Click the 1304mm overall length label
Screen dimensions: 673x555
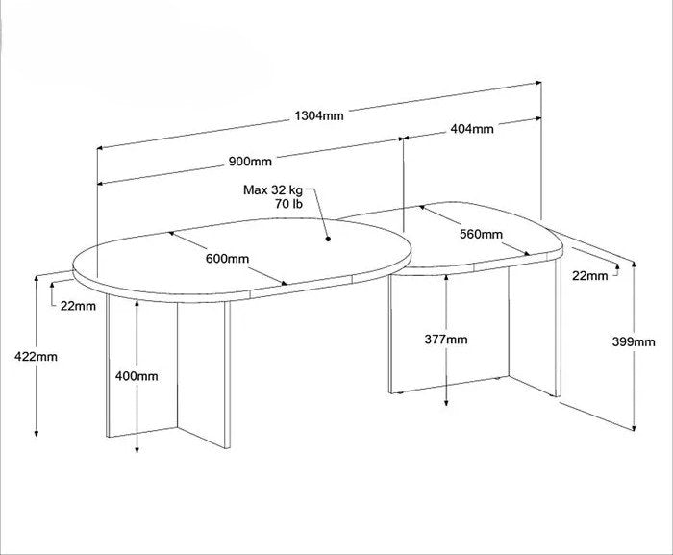pyautogui.click(x=319, y=115)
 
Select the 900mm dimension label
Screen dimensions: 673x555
pyautogui.click(x=250, y=162)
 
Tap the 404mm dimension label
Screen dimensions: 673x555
pyautogui.click(x=472, y=129)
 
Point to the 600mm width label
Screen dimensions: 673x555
pyautogui.click(x=227, y=259)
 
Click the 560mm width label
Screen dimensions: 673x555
pyautogui.click(x=481, y=234)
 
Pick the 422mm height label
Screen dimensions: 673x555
pyautogui.click(x=36, y=357)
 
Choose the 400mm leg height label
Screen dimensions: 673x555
pyautogui.click(x=137, y=376)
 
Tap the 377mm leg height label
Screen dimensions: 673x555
pyautogui.click(x=446, y=340)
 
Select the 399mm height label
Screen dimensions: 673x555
pyautogui.click(x=634, y=341)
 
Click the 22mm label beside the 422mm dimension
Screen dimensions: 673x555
pyautogui.click(x=78, y=306)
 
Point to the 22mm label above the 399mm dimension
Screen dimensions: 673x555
pyautogui.click(x=590, y=276)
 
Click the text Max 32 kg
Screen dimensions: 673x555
pyautogui.click(x=273, y=189)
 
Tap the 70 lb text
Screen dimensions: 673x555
pyautogui.click(x=288, y=204)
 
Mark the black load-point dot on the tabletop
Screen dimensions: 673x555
pyautogui.click(x=328, y=239)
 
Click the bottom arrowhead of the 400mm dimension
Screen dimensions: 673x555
pyautogui.click(x=137, y=449)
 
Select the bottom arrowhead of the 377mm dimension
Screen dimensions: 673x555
pyautogui.click(x=446, y=402)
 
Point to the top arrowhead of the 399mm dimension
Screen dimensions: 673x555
pyautogui.click(x=634, y=265)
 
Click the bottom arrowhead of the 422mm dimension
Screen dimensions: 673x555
pyautogui.click(x=37, y=433)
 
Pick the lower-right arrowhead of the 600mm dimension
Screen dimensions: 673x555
pyautogui.click(x=284, y=283)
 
